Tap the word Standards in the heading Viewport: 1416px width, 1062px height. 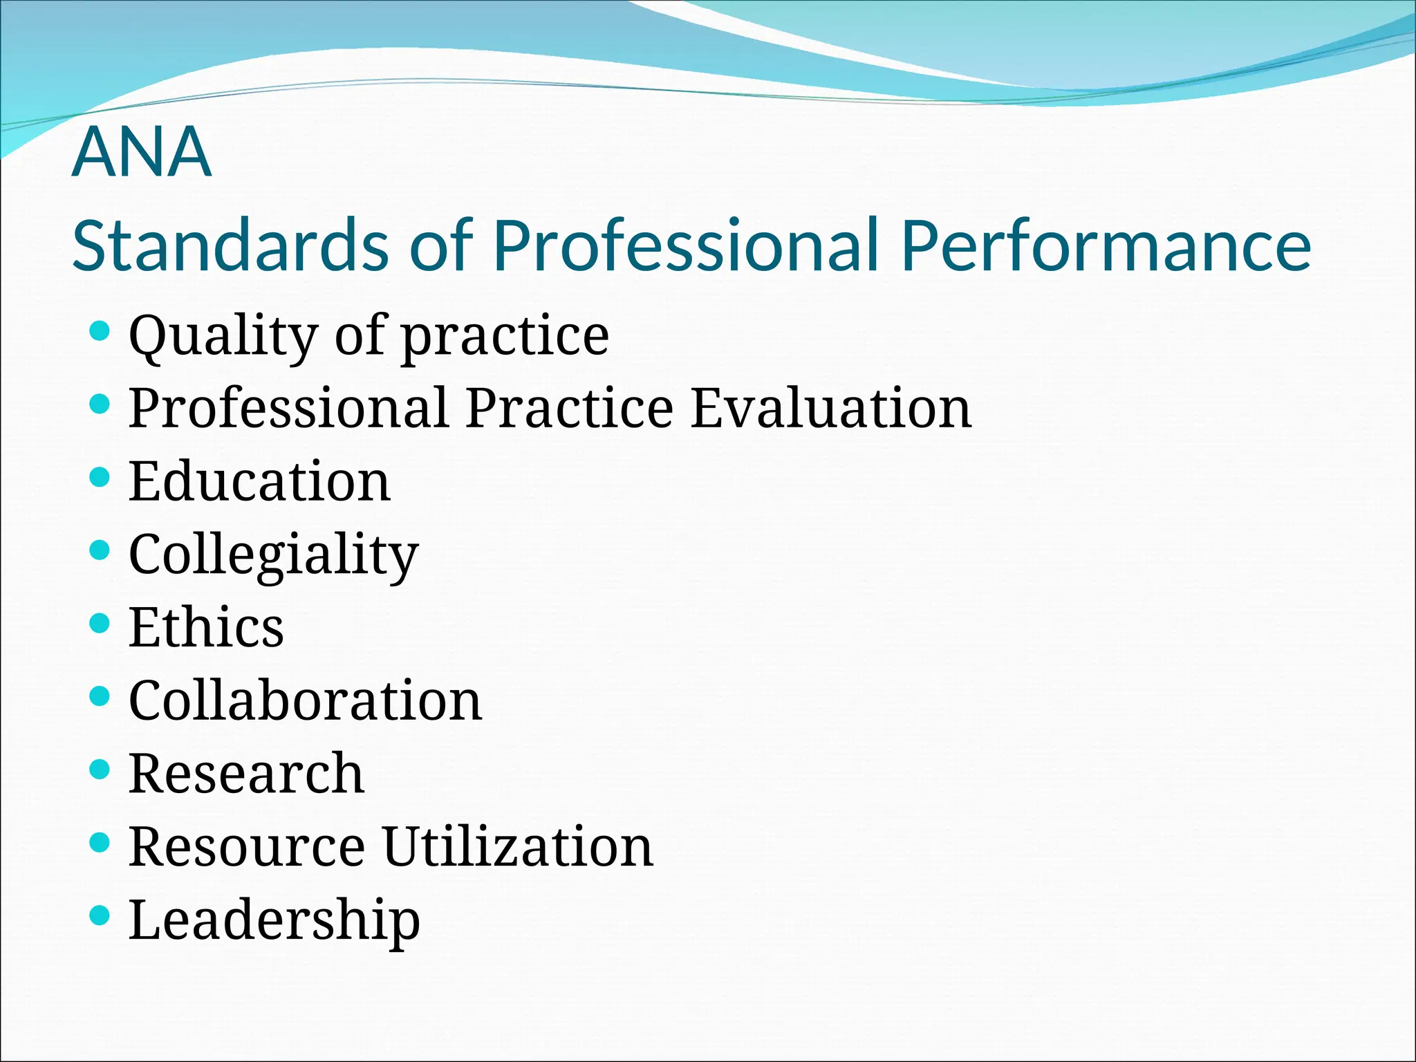(x=230, y=246)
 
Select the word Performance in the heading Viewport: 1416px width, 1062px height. (x=1106, y=246)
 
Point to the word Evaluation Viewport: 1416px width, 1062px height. (x=831, y=409)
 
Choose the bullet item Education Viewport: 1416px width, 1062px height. (x=259, y=482)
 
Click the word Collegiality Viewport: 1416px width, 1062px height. (x=274, y=555)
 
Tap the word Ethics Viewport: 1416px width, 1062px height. (x=206, y=628)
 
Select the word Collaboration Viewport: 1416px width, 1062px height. (x=305, y=701)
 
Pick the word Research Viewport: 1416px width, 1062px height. (x=246, y=774)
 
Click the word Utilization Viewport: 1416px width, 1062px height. (x=518, y=847)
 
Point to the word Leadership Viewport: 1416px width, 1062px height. (x=274, y=920)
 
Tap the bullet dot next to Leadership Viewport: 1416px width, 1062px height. (x=100, y=916)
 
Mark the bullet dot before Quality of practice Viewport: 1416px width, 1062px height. (x=100, y=331)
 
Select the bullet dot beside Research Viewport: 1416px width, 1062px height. (x=100, y=770)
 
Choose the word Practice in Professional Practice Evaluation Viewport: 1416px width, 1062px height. (x=569, y=409)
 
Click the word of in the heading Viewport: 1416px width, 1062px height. (x=440, y=246)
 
